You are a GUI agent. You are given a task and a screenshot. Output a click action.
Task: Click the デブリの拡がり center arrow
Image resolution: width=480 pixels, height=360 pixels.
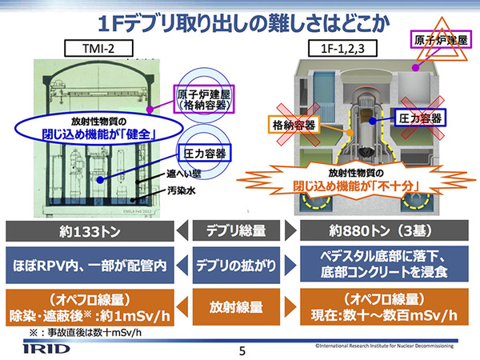coord(240,265)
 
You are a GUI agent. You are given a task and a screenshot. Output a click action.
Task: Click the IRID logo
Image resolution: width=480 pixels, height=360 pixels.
coord(34,346)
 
